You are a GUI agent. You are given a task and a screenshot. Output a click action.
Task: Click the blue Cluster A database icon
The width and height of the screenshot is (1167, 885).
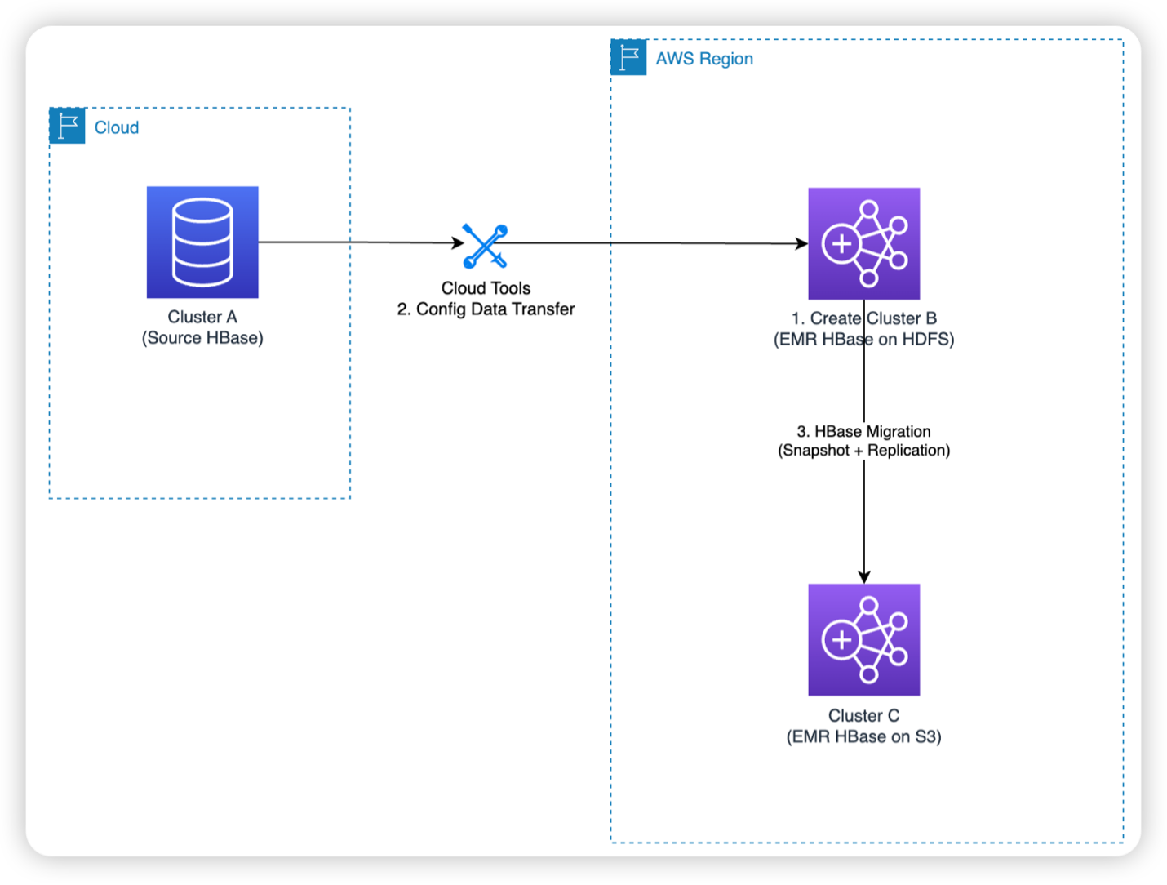(x=202, y=242)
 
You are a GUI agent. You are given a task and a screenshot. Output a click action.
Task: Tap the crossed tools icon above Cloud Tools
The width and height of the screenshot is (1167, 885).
(x=486, y=246)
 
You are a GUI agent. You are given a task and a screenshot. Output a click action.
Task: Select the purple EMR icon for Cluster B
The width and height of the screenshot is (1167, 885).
(x=863, y=243)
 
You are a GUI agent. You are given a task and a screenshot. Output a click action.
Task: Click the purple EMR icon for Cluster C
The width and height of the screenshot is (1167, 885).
(x=863, y=639)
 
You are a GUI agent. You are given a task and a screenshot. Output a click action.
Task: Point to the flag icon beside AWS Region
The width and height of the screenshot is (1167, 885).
(x=628, y=57)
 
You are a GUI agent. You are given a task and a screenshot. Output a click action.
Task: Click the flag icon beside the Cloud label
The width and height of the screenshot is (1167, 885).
(x=67, y=126)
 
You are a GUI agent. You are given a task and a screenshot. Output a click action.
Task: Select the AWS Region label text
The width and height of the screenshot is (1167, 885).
(x=703, y=59)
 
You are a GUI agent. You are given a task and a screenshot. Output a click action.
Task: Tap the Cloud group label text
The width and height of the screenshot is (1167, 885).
(x=117, y=127)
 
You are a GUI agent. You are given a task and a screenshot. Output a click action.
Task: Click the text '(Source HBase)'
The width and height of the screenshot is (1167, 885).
(x=202, y=338)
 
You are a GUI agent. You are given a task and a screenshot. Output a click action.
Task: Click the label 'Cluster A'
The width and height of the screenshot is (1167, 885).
(x=202, y=317)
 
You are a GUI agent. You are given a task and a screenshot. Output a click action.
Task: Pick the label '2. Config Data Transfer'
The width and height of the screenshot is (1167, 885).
(x=486, y=309)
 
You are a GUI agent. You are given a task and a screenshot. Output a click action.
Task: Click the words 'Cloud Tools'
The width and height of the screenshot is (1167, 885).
(x=486, y=288)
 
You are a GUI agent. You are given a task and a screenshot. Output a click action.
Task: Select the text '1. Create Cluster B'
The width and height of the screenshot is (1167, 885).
(x=863, y=318)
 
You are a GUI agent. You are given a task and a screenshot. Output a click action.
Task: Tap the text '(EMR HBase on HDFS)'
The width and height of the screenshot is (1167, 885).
(x=863, y=340)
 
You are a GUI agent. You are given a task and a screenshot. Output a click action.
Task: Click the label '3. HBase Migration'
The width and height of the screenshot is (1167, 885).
(x=863, y=431)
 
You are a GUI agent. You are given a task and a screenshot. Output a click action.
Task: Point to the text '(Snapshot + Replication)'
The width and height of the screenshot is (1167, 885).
(x=863, y=451)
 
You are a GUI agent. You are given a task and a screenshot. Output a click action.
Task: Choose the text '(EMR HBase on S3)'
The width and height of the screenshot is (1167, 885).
(x=863, y=736)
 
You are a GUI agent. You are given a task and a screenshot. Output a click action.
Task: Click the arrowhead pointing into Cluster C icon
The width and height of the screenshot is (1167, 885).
(x=864, y=577)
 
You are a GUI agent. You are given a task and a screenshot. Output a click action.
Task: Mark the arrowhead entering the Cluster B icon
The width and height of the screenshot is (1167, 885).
(x=801, y=243)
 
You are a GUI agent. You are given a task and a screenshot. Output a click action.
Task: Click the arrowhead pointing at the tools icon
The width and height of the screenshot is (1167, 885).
(x=459, y=242)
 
